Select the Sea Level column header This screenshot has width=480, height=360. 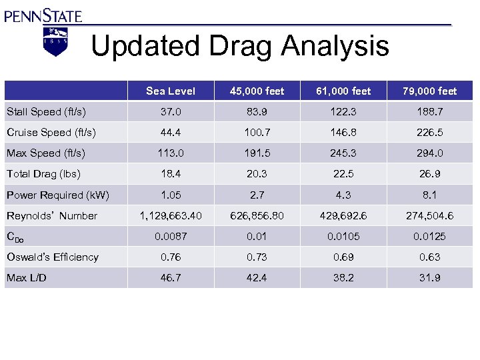(171, 91)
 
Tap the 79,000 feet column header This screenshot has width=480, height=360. (431, 91)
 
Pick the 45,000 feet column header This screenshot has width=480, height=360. (257, 91)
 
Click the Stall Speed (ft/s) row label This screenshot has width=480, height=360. (46, 111)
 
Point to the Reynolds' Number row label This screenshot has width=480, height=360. (52, 215)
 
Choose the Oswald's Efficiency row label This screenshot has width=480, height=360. (53, 257)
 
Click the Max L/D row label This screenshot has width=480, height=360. (26, 277)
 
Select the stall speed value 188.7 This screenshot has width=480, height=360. (431, 112)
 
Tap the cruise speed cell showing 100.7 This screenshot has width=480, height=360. (257, 133)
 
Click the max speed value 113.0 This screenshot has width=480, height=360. (171, 153)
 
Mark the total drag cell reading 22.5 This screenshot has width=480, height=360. (345, 174)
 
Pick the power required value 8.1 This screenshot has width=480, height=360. (431, 195)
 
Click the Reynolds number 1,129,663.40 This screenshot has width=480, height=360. (171, 215)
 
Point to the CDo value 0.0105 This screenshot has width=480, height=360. (345, 236)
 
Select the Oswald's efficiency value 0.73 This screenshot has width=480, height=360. (257, 257)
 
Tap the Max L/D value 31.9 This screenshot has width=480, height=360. (431, 277)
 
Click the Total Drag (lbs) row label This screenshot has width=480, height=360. (43, 174)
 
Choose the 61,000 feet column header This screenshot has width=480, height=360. (345, 91)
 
